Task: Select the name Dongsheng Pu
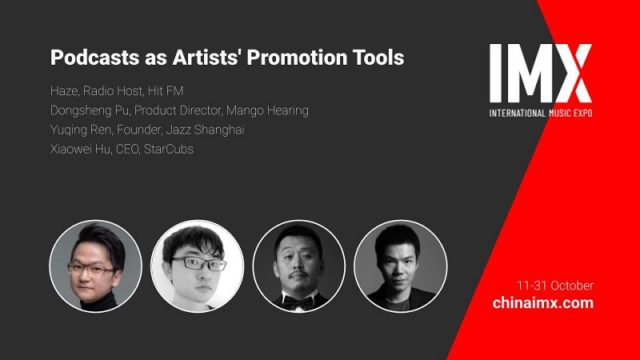[89, 110]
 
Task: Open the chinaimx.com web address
[543, 303]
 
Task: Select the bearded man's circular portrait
[298, 264]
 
